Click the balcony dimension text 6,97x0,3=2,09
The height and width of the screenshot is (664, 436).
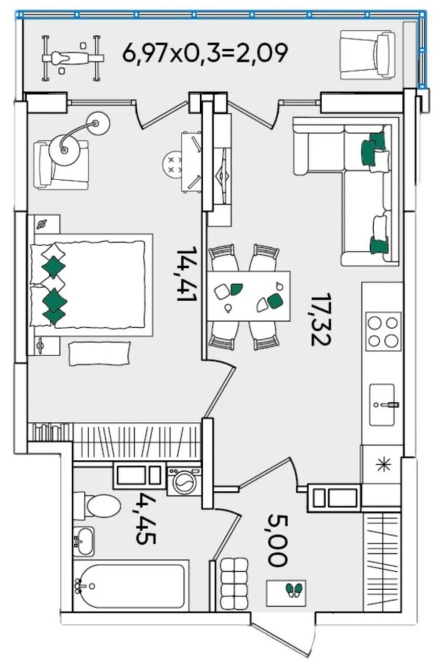[x=205, y=53]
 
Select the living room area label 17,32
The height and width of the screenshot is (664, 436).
[x=321, y=319]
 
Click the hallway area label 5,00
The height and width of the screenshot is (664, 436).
[x=278, y=540]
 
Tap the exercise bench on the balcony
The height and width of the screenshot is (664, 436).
[x=73, y=58]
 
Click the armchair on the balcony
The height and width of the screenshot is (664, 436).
[x=368, y=55]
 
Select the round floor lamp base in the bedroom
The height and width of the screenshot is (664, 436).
[x=64, y=148]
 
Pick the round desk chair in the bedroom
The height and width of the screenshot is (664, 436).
[x=174, y=164]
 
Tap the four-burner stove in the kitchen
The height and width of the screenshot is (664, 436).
[x=383, y=331]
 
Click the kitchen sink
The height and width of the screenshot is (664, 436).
[x=384, y=405]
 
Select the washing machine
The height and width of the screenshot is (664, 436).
[x=184, y=481]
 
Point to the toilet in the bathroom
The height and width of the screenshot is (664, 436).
[x=97, y=505]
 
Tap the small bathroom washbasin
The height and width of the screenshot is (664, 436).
[x=83, y=542]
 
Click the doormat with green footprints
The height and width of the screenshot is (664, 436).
[x=286, y=593]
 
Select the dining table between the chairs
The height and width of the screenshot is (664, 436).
[x=249, y=296]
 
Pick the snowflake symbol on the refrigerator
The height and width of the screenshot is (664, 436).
[x=382, y=465]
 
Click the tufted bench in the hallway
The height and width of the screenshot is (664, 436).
[x=233, y=583]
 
